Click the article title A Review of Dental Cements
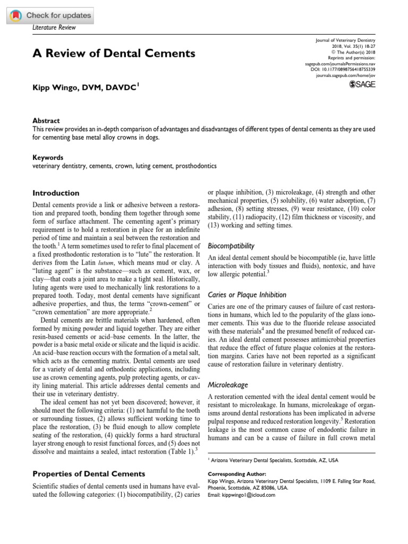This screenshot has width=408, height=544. pos(114,53)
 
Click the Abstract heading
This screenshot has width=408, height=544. pos(46,121)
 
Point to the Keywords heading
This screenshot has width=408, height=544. pos(48,158)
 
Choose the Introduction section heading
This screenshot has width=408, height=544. pos(56,193)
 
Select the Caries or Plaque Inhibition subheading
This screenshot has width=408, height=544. pos(246,294)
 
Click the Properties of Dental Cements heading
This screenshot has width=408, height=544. pos(89,473)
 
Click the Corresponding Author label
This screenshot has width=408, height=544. pos(233,473)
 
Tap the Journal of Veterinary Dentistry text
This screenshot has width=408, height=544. pos(342,41)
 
